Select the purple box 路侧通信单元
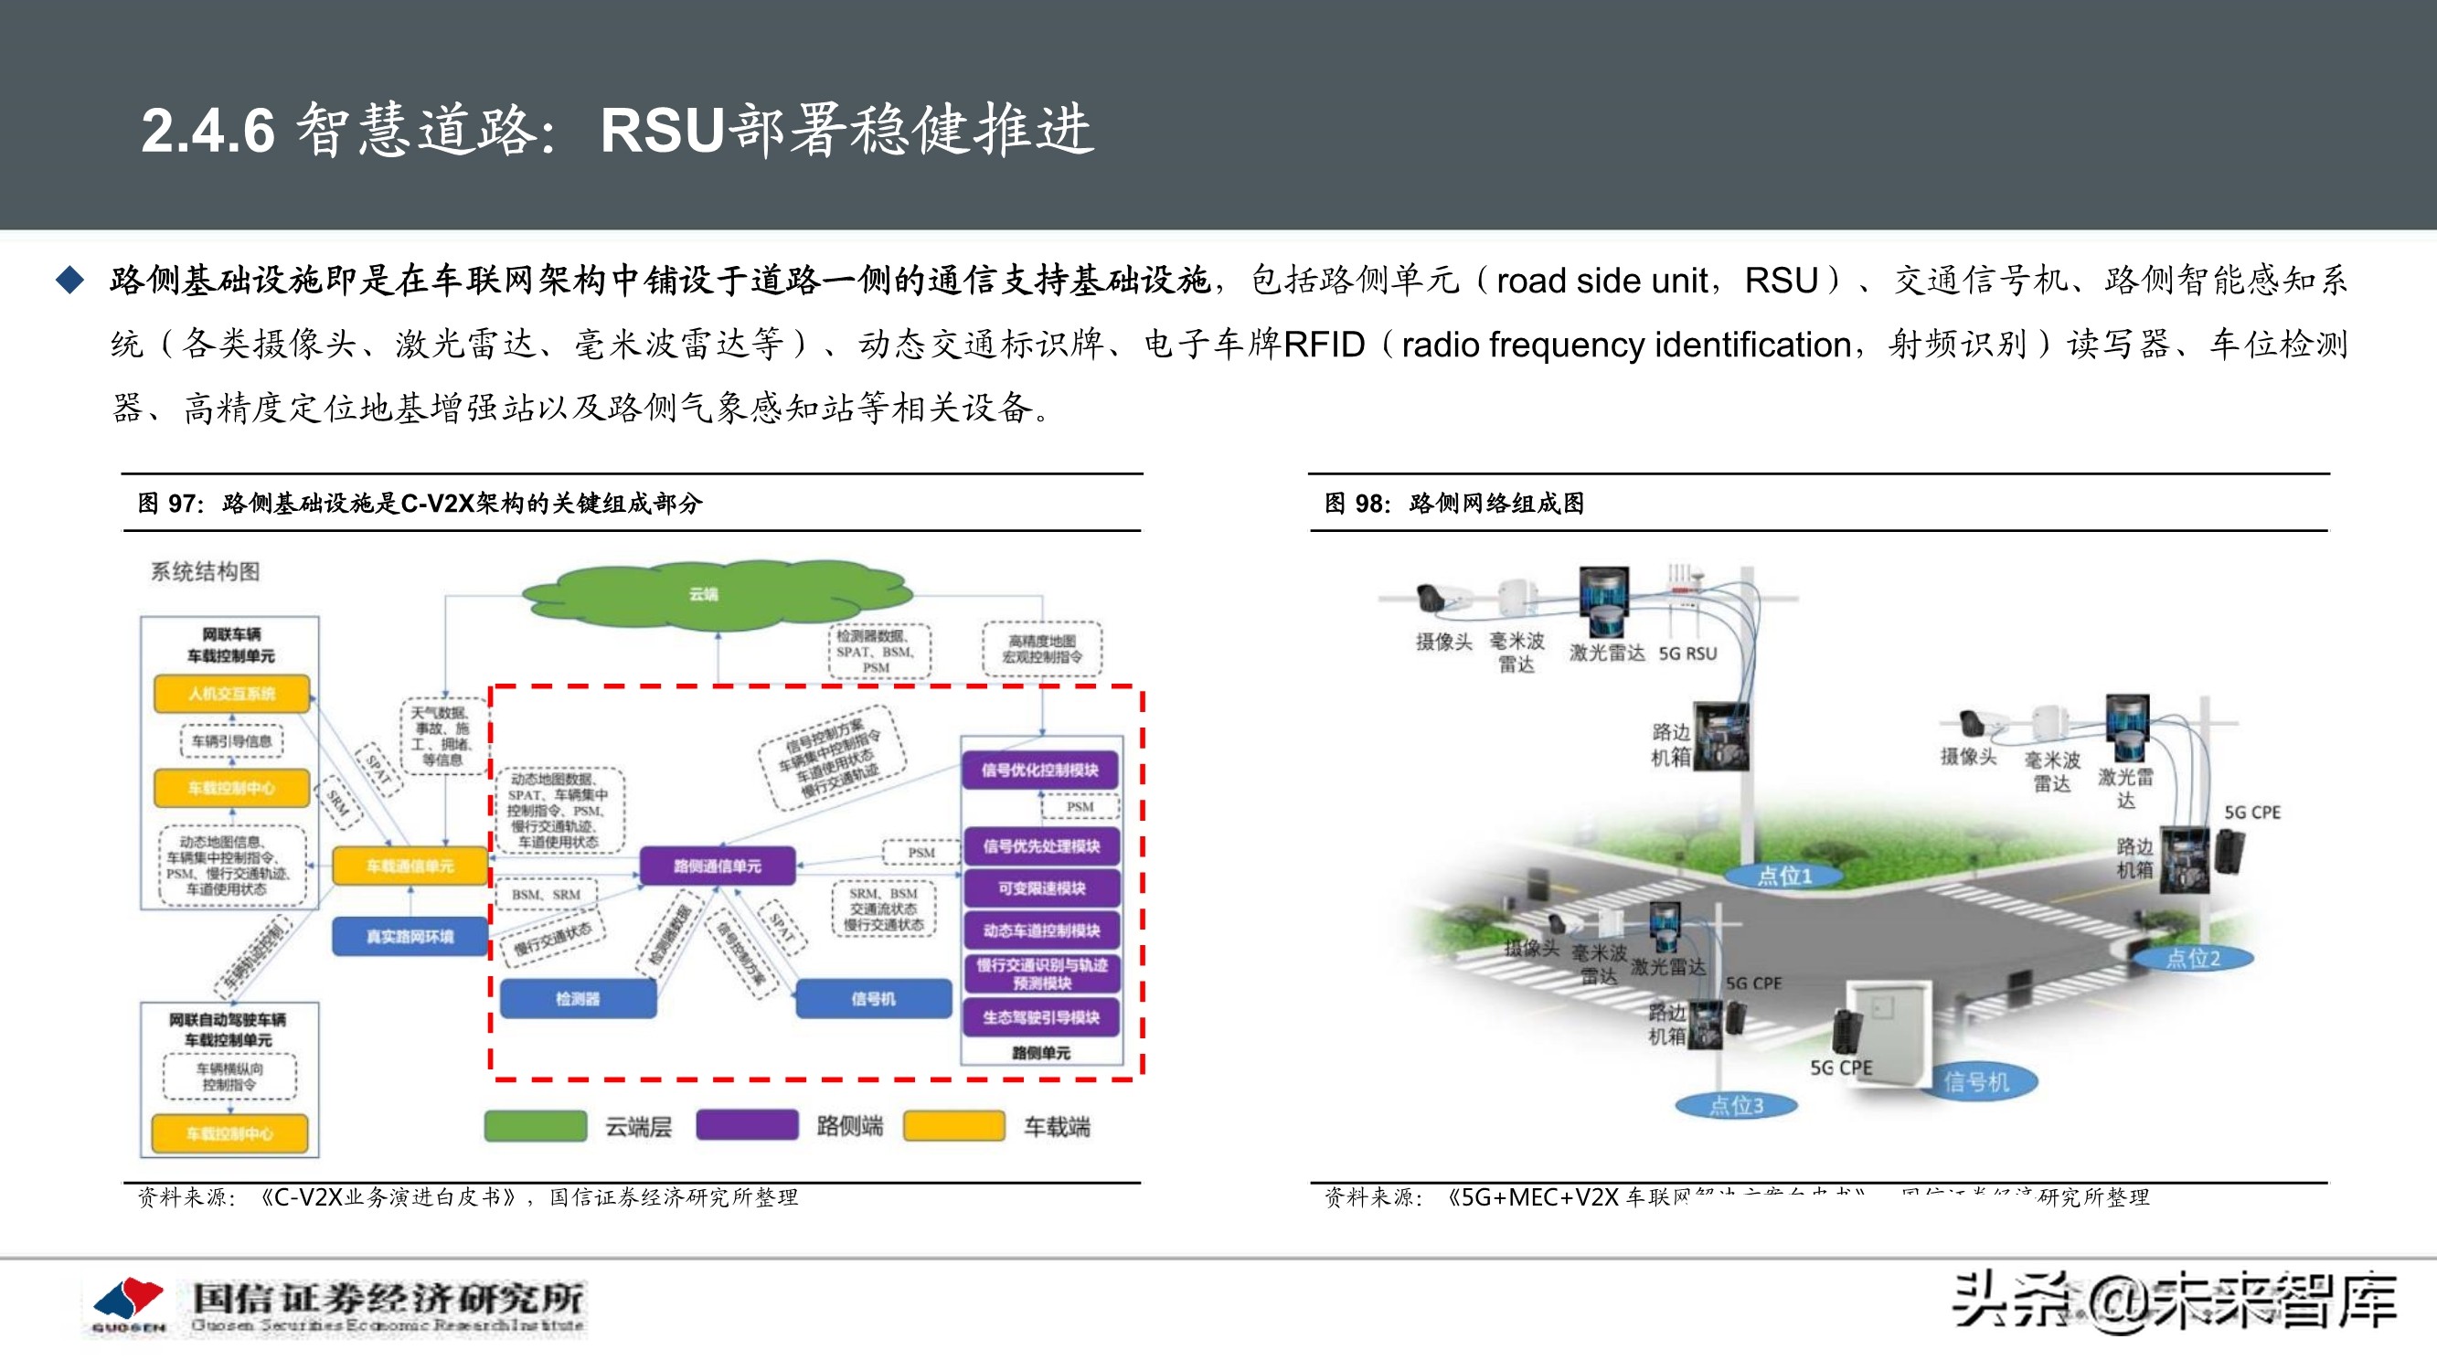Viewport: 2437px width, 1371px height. tap(717, 866)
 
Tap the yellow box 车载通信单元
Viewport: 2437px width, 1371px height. tap(410, 866)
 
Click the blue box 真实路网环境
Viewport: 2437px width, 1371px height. tap(410, 936)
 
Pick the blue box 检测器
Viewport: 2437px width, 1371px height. tap(578, 998)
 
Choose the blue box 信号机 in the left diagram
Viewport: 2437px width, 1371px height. tap(872, 998)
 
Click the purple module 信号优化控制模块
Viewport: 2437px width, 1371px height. tap(1040, 771)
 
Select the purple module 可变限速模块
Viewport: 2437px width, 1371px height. tap(1040, 888)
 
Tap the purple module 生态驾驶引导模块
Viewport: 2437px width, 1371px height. tap(1040, 1017)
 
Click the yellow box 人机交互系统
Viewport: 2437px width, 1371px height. tap(232, 694)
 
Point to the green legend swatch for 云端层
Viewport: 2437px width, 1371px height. tap(536, 1126)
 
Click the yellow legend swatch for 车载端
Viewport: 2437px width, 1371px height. tap(953, 1126)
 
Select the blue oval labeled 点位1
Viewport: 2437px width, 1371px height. tap(1784, 877)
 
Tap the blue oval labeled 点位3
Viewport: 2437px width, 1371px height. tap(1736, 1105)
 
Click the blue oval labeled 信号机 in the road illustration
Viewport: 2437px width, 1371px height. tap(1976, 1081)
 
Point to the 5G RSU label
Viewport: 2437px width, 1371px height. tap(1687, 653)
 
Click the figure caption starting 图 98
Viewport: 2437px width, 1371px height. tap(1454, 504)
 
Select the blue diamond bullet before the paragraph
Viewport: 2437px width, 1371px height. tap(70, 280)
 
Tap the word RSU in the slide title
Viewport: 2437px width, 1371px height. tap(662, 130)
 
